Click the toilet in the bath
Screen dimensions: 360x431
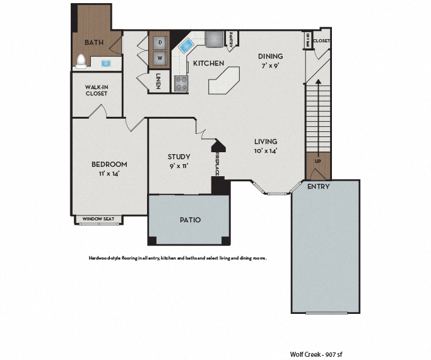[81, 61]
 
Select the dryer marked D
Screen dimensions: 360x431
[160, 42]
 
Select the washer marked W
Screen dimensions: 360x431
[160, 58]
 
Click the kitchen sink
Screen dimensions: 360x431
[186, 45]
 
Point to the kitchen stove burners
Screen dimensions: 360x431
[180, 83]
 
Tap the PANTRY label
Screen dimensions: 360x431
[232, 40]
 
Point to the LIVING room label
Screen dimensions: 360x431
[266, 141]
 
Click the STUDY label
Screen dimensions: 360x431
[179, 157]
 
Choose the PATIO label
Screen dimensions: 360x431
[189, 220]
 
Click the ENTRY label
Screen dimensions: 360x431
[317, 187]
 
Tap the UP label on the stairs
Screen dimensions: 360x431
[317, 161]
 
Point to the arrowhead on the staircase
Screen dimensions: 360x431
[317, 81]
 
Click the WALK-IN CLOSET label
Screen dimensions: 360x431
[97, 90]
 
